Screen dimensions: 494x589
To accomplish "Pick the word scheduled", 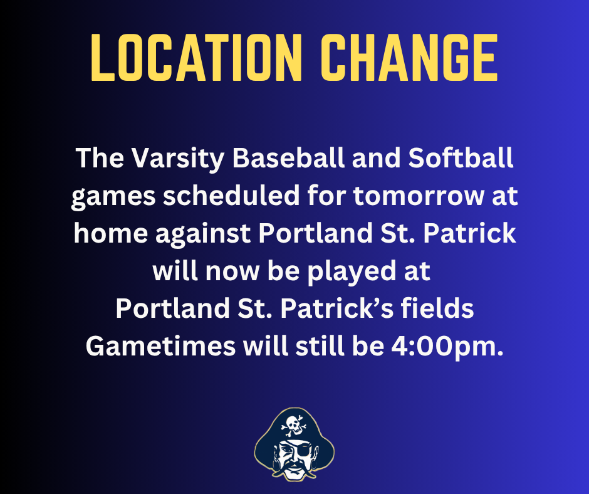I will coord(235,196).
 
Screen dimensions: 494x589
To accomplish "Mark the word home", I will coord(110,234).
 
